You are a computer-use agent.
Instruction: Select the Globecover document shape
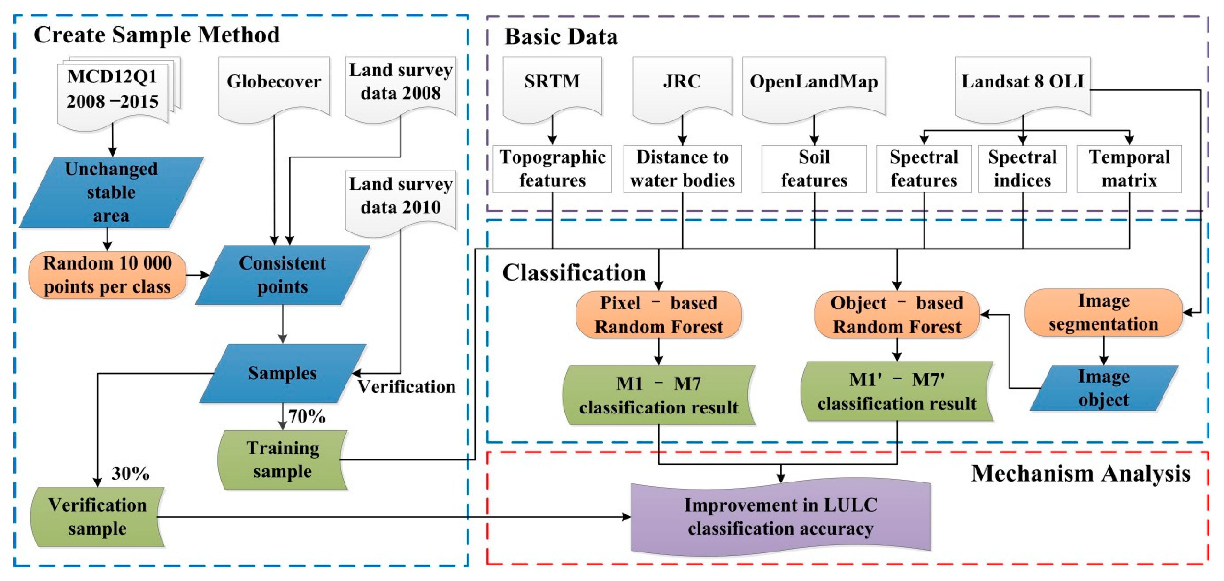274,83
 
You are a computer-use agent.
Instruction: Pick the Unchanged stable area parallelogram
111,192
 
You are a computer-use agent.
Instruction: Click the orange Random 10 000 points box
107,275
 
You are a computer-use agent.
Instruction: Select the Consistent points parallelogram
283,275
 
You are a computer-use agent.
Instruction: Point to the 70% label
307,416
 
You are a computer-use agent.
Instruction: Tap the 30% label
130,473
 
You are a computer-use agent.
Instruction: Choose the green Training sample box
283,459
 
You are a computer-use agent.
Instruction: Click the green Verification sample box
97,517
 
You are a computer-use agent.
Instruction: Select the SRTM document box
552,83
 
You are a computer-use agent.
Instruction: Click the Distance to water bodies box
682,168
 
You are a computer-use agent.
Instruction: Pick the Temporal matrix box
1129,168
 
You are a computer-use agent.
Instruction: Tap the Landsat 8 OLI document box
1023,83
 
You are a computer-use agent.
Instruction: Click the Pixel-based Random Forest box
659,314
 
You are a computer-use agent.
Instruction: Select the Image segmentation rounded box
1103,312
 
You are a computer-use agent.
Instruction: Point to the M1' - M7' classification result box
897,392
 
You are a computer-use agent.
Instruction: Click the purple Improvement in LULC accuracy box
780,517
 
